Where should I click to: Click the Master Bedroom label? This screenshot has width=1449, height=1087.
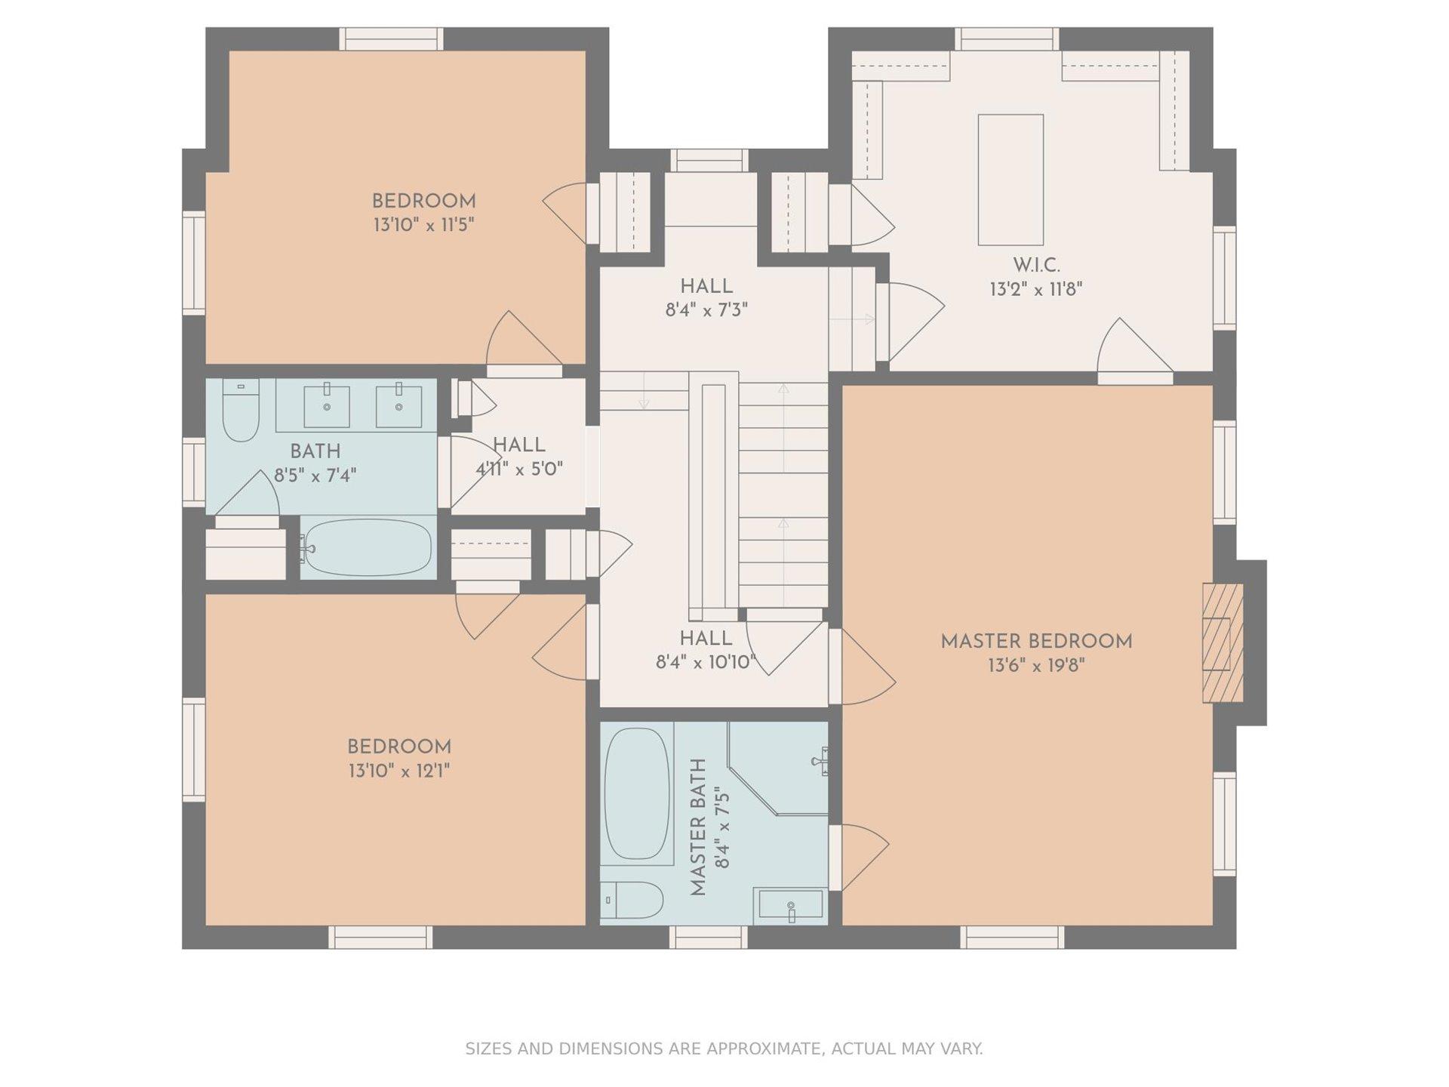(1036, 642)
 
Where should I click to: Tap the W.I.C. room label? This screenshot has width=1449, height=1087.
(1036, 266)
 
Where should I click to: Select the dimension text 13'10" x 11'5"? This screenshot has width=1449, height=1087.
(423, 225)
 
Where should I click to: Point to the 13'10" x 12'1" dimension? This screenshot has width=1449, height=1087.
(399, 771)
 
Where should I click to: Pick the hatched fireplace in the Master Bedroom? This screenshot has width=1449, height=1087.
(1223, 642)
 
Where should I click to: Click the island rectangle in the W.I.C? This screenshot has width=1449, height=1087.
(1011, 180)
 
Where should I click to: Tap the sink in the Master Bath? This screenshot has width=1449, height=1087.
(790, 906)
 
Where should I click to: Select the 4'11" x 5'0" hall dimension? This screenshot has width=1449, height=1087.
(519, 469)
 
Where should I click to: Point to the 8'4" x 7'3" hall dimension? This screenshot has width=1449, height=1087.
(706, 309)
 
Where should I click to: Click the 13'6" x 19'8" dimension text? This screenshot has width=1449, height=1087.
(1036, 665)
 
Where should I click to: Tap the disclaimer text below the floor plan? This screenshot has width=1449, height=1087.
(724, 1049)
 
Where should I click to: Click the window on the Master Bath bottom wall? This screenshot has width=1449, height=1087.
(708, 937)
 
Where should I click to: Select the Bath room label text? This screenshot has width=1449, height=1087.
(315, 451)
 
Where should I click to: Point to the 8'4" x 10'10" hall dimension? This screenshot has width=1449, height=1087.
(706, 662)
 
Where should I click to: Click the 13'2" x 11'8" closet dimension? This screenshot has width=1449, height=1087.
(1036, 289)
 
